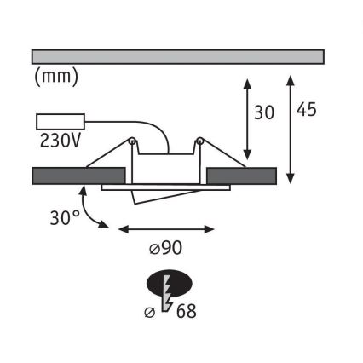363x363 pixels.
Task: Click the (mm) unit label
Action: point(56,77)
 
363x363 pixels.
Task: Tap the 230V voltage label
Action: point(60,141)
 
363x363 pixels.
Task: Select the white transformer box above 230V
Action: point(60,122)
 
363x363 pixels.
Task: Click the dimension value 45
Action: point(306,109)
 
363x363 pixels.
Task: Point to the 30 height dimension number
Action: point(264,112)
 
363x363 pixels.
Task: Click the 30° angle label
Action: point(65,218)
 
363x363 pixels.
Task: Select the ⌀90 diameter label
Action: point(165,249)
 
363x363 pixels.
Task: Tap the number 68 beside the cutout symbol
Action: point(187,311)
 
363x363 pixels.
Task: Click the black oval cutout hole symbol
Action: point(170,283)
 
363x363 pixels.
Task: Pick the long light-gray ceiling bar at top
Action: point(178,57)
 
